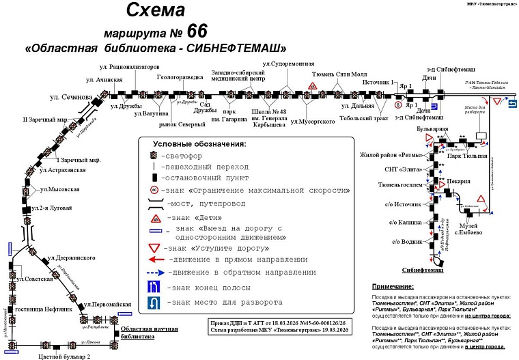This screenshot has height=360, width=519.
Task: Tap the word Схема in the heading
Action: [156, 10]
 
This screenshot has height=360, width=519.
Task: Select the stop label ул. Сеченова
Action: [70, 98]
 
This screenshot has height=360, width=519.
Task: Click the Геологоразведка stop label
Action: [180, 77]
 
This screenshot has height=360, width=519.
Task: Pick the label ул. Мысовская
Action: [59, 189]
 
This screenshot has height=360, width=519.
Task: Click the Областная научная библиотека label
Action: [154, 333]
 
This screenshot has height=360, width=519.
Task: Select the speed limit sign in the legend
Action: [154, 189]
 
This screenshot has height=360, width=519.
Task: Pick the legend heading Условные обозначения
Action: [199, 144]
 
